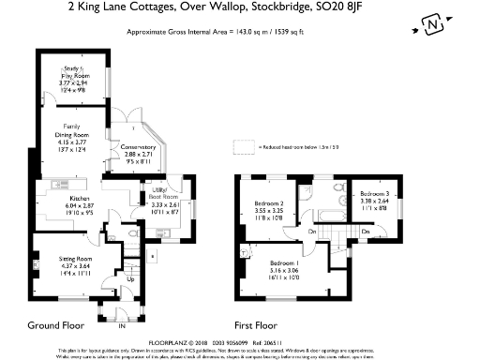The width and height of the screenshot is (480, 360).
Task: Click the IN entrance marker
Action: [x=120, y=326]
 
